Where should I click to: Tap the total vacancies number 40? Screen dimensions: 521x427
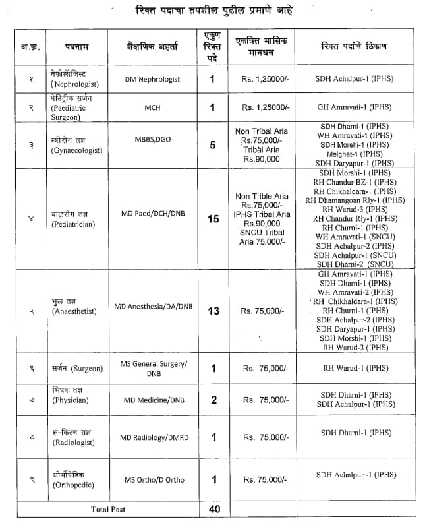(213, 508)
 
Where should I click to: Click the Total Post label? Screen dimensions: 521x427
(108, 509)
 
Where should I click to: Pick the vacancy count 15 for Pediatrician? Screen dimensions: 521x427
(213, 219)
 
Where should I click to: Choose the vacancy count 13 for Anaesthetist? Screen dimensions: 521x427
(213, 311)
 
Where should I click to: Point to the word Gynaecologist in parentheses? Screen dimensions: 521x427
(76, 150)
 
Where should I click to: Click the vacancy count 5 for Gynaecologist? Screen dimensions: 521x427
(212, 145)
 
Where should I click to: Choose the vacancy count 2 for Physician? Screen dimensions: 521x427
(213, 400)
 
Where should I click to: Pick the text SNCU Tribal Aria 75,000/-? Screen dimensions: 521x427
(262, 237)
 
